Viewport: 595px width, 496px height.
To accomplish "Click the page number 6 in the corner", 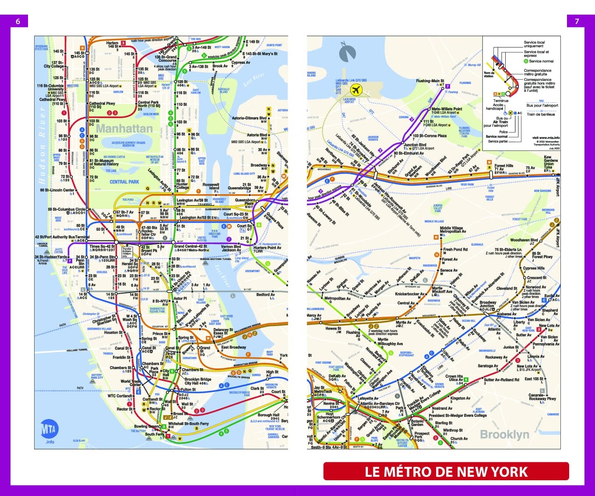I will pyautogui.click(x=18, y=21).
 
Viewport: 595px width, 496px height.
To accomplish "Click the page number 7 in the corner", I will pyautogui.click(x=577, y=21).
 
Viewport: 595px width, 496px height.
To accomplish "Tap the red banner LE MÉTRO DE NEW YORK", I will pyautogui.click(x=446, y=472).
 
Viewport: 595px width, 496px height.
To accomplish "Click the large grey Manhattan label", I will pyautogui.click(x=124, y=129).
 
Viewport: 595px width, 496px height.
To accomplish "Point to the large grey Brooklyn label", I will pyautogui.click(x=504, y=434).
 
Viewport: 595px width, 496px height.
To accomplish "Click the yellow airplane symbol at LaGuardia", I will pyautogui.click(x=356, y=90).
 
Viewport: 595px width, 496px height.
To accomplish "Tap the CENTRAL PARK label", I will pyautogui.click(x=124, y=182).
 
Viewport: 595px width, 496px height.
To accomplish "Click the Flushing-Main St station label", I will pyautogui.click(x=430, y=81).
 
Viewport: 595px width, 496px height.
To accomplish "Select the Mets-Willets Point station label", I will pyautogui.click(x=447, y=109).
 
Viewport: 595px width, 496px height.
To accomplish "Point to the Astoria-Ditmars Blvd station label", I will pyautogui.click(x=249, y=118).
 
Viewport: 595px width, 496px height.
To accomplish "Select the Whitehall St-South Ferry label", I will pyautogui.click(x=188, y=423).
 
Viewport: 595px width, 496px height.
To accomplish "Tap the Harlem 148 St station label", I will pyautogui.click(x=113, y=45).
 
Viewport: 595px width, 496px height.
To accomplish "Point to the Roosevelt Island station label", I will pyautogui.click(x=211, y=187).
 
